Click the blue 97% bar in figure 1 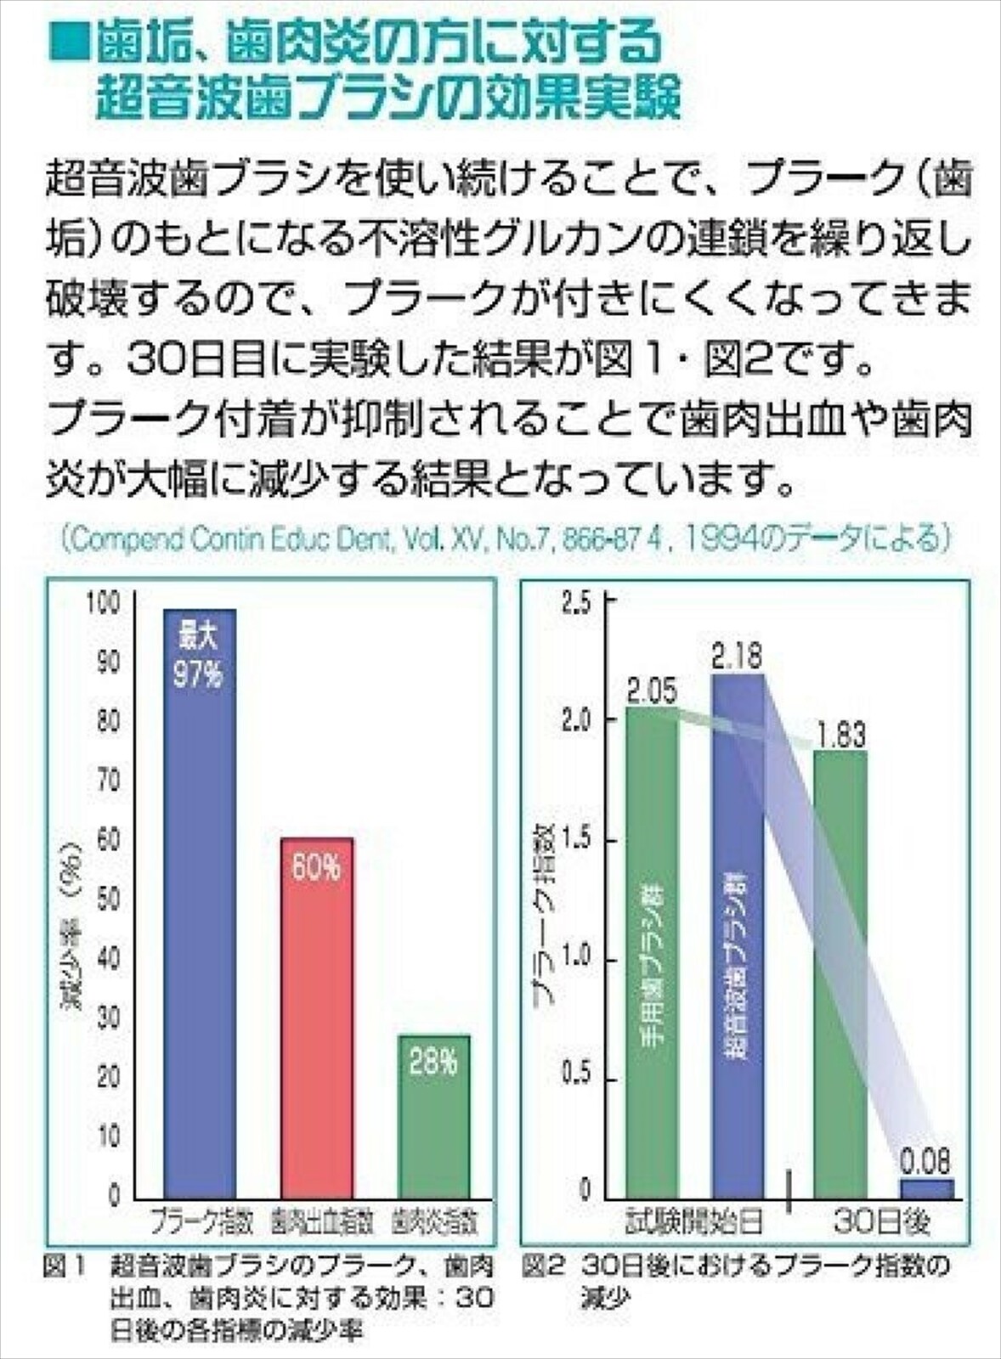200,900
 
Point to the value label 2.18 738,657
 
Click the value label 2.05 653,691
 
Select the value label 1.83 839,735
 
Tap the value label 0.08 925,1160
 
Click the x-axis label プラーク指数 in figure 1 201,1223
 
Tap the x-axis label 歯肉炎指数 435,1223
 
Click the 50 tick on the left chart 109,900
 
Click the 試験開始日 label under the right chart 694,1223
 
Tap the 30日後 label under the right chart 882,1223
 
